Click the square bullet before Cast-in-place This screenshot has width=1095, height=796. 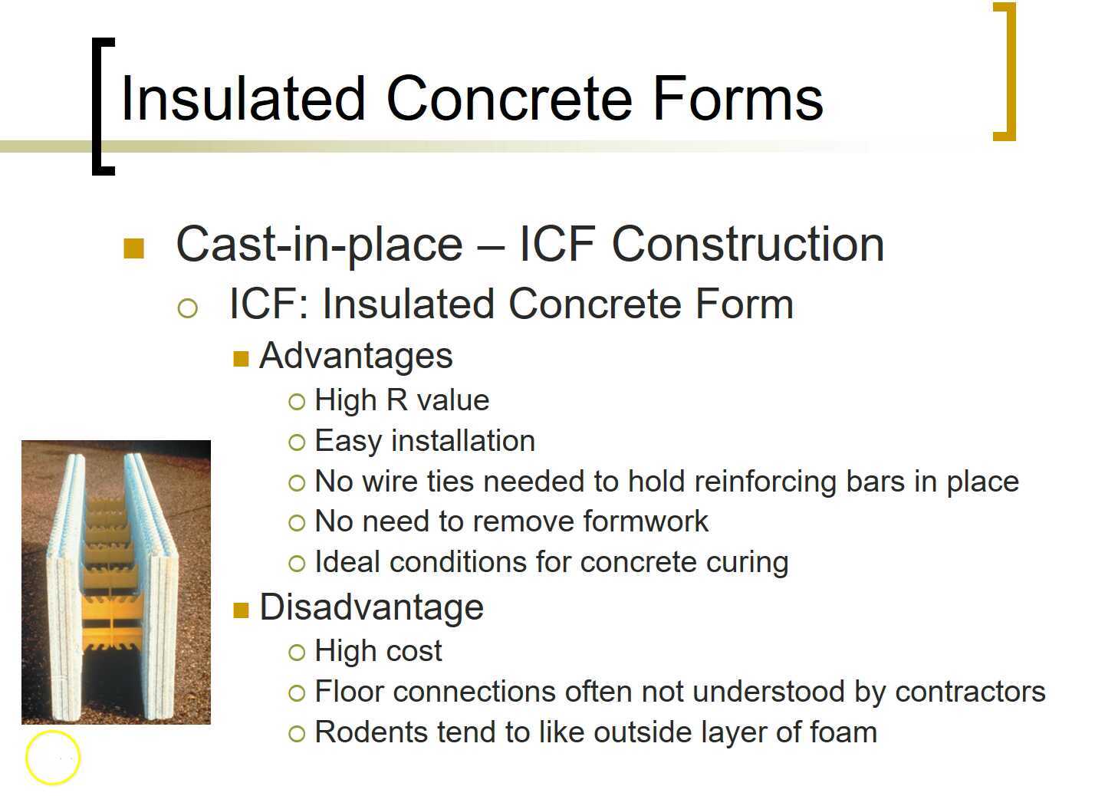coord(134,248)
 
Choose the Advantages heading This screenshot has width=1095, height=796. coord(356,356)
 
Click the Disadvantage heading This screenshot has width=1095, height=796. coord(371,607)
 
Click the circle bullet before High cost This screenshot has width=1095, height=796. coord(297,653)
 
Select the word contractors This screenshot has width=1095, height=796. coord(970,692)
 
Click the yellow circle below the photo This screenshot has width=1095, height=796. coord(53,758)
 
